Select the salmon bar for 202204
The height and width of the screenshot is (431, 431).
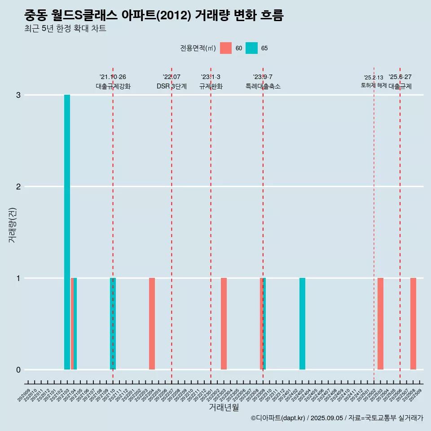(152, 324)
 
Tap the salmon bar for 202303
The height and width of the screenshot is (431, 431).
(224, 324)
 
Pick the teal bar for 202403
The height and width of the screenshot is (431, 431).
(302, 324)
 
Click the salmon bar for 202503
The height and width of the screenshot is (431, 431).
(380, 324)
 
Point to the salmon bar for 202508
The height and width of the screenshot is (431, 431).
(413, 324)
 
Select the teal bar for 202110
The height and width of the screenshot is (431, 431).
(113, 324)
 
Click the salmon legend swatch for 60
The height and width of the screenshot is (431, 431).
(226, 48)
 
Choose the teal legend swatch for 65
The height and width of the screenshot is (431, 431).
(251, 48)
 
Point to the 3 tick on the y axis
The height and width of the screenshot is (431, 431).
(18, 95)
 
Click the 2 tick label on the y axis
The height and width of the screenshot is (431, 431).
(18, 187)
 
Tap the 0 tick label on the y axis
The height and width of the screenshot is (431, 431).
(18, 370)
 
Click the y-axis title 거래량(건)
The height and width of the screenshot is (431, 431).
(12, 224)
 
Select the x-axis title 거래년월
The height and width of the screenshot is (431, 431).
(224, 408)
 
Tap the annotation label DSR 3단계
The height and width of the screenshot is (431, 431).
(172, 86)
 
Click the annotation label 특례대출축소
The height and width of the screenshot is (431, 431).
(263, 86)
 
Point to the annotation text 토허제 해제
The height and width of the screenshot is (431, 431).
(374, 85)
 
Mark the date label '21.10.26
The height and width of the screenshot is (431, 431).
(113, 77)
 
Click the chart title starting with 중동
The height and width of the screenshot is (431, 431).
(154, 16)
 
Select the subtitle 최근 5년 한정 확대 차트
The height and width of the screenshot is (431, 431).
(65, 29)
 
